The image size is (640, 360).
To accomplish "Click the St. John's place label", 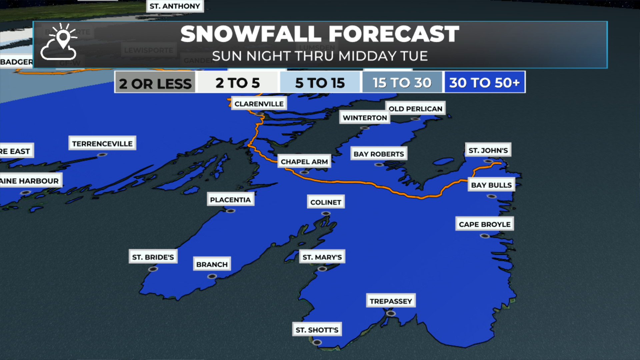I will click(x=488, y=150).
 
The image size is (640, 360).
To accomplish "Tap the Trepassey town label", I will click(x=391, y=301).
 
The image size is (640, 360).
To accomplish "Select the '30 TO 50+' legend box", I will click(x=485, y=82).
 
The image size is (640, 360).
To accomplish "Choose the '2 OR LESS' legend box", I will click(x=155, y=83).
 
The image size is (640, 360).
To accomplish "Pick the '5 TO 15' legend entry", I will click(x=320, y=82).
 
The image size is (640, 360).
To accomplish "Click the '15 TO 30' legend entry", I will click(x=402, y=82).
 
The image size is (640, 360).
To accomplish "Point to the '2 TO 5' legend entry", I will click(x=237, y=82).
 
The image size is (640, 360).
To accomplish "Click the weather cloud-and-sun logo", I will click(x=59, y=42).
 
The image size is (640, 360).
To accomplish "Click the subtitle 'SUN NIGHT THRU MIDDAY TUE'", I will click(x=320, y=56).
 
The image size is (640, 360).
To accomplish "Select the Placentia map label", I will click(x=230, y=200).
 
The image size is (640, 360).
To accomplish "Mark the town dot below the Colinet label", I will click(x=326, y=213).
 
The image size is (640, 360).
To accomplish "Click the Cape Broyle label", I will click(x=484, y=224).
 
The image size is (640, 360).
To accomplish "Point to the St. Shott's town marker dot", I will click(x=317, y=342).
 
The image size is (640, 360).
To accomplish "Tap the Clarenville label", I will click(x=259, y=104).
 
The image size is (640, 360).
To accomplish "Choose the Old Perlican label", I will click(x=416, y=109).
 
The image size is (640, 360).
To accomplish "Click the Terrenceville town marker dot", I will click(x=102, y=155).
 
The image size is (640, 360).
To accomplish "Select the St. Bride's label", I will click(x=153, y=257).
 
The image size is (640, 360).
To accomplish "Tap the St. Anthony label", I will click(x=175, y=6).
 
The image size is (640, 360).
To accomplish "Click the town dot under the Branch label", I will click(x=212, y=276).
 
